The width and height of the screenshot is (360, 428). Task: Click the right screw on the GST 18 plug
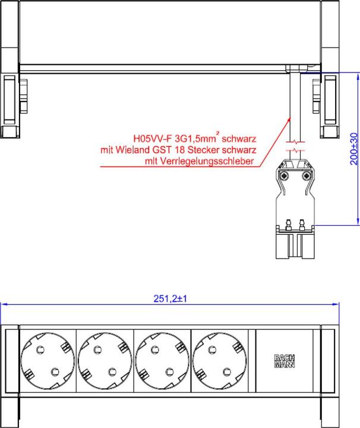[x=307, y=177]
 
